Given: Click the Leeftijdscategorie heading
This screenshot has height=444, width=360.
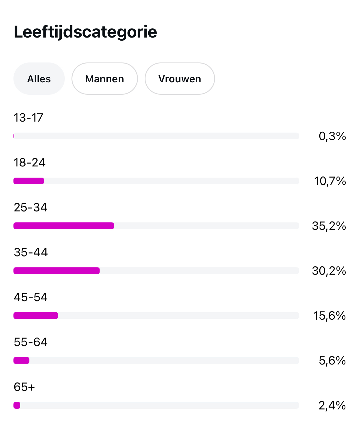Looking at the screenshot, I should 85,32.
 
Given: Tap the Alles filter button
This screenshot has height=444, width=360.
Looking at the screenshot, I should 39,79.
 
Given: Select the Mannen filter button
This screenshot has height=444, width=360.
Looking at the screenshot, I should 105,79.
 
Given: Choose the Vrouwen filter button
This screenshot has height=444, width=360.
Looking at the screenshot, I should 180,79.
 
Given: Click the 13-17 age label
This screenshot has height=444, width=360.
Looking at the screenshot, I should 28,118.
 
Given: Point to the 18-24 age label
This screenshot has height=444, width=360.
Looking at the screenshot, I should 29,162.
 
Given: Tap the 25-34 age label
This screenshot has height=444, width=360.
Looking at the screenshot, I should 30,208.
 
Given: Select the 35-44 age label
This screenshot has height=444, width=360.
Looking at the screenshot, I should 31,252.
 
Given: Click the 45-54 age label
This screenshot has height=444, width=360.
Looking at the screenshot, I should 31,297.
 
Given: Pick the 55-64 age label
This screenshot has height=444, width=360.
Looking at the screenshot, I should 31,342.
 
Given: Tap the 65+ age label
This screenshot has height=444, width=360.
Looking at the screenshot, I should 24,387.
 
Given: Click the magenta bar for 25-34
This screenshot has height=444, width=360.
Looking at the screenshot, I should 64,226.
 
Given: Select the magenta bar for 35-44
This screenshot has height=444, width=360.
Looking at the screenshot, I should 57,271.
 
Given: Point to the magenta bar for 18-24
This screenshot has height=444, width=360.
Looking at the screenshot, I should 29,181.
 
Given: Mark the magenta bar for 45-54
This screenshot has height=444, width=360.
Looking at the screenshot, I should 36,316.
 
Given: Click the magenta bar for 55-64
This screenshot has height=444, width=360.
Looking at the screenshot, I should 21,361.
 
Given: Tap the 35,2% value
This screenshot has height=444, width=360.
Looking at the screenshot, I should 329,226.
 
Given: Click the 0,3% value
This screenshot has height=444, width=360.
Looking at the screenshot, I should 332,136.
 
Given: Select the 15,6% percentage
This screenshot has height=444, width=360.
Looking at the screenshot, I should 329,316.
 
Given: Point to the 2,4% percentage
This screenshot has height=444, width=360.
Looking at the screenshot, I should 332,405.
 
